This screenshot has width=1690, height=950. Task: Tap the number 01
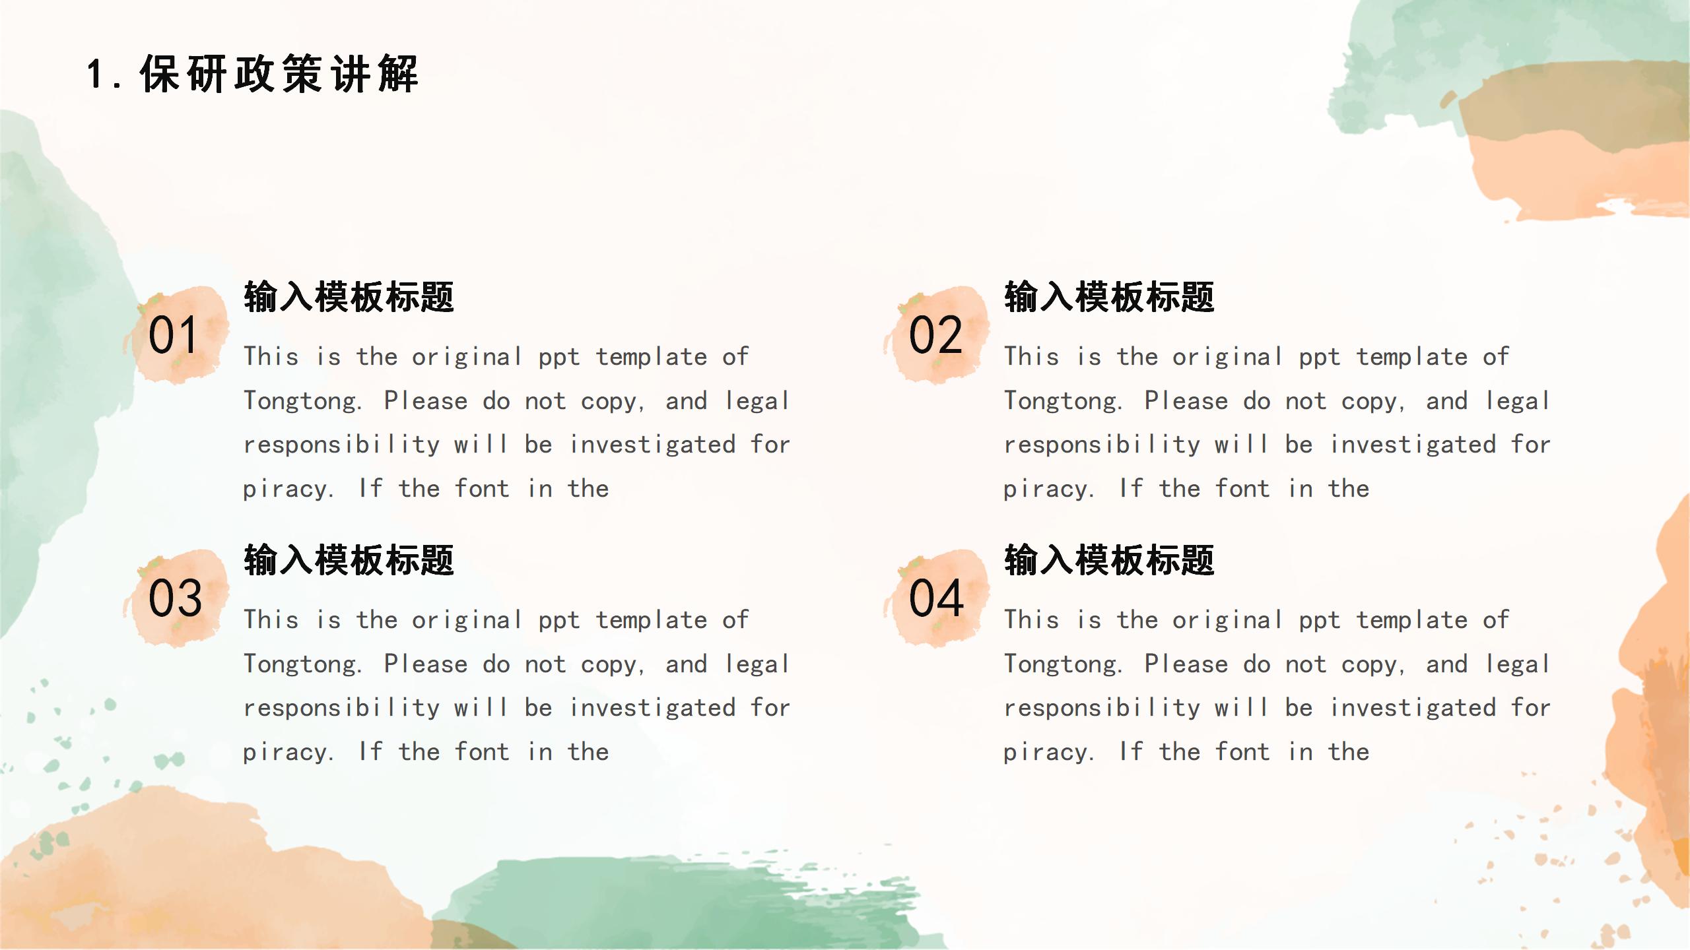173,335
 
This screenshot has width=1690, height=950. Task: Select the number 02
935,335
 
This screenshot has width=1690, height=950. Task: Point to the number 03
175,598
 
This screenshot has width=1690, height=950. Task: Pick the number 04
936,598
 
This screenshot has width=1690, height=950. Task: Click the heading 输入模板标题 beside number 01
349,296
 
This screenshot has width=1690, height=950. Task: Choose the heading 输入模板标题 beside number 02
1109,296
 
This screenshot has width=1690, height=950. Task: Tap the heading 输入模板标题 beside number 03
349,559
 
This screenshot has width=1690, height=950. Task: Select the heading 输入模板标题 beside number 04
1109,559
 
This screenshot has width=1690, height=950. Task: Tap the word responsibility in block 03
341,709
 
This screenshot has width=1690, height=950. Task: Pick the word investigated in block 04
1413,709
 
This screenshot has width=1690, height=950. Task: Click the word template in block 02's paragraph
1412,358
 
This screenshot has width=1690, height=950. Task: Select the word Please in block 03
426,664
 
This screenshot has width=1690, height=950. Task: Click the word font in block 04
1242,751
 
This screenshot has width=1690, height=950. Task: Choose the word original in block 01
467,358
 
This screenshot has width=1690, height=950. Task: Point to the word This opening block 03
271,619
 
